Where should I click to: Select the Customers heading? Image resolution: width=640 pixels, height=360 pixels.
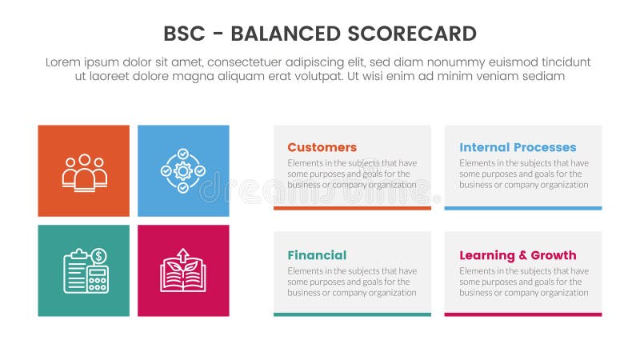322,147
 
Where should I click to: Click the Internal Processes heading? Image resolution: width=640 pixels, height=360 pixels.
518,147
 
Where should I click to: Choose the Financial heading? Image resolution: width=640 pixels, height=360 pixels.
317,255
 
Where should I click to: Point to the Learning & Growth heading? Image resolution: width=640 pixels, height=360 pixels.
518,255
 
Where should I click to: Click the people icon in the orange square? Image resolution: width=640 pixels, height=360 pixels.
84,171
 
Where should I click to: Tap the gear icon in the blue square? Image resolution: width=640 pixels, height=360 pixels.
183,170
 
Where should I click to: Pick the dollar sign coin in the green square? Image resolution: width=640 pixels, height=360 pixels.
99,257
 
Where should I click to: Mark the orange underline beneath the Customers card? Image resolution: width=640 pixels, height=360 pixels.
352,208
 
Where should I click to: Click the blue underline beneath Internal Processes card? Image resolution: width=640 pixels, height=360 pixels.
523,208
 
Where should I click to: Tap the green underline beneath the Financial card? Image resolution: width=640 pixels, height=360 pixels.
352,314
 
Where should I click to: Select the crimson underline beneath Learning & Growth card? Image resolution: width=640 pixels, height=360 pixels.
523,314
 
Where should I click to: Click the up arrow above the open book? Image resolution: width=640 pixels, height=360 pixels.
183,256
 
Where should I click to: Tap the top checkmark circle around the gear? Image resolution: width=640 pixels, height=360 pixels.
183,153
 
